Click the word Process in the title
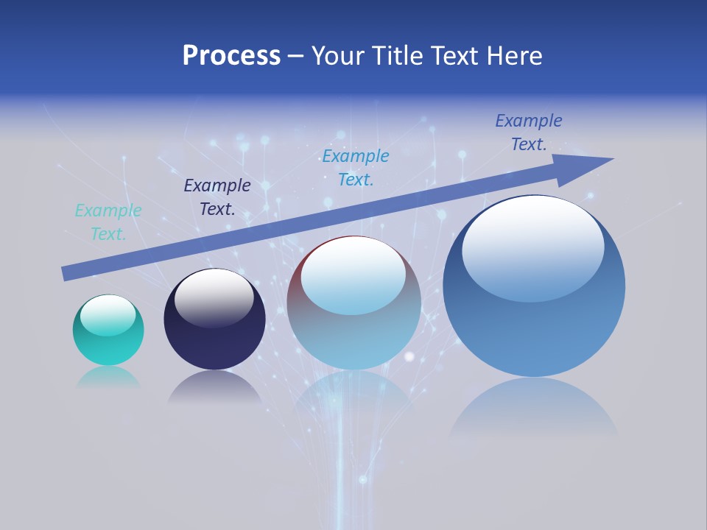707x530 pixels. click(231, 55)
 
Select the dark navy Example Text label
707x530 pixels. click(217, 197)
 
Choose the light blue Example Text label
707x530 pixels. click(356, 168)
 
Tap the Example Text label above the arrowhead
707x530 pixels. click(529, 132)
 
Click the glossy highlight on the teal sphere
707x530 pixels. click(108, 315)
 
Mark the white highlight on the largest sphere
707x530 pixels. click(533, 247)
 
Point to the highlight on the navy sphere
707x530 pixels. click(214, 298)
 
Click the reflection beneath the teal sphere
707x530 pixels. click(108, 378)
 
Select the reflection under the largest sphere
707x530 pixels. click(534, 409)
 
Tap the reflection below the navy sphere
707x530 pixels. click(214, 387)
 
